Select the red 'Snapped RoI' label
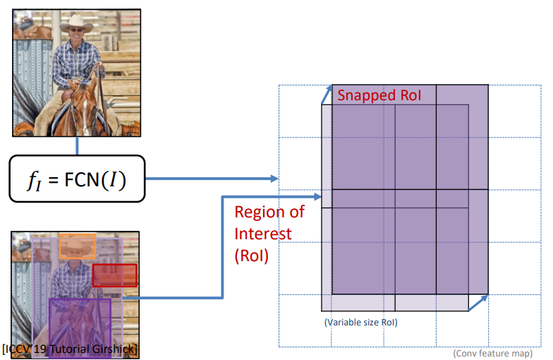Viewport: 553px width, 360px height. coord(379,95)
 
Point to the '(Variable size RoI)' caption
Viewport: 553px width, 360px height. coord(361,322)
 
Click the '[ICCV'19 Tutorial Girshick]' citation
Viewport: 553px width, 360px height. coord(71,349)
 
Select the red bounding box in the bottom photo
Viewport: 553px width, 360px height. coord(114,275)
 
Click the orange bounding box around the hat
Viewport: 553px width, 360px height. coord(76,246)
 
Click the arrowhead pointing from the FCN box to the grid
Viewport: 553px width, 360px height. coord(274,179)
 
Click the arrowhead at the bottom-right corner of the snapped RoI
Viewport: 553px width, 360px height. coord(484,296)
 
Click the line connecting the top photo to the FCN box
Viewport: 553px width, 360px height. coord(76,145)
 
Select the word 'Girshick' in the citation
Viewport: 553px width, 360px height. coord(115,349)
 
